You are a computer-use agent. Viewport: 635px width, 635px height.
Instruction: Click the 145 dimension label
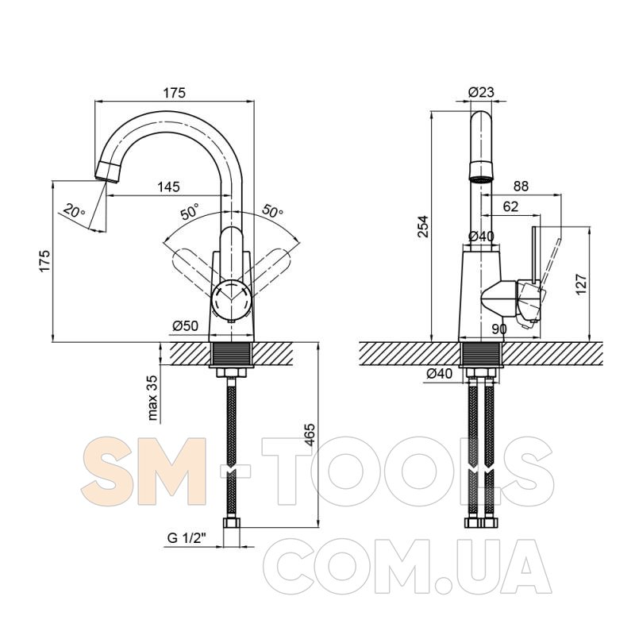point(168,187)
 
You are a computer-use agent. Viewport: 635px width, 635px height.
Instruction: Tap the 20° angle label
point(75,211)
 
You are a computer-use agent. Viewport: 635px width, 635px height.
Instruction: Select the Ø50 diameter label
point(186,325)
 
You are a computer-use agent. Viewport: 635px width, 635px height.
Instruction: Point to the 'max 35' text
point(152,398)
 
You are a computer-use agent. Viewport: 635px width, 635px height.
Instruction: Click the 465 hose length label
point(310,434)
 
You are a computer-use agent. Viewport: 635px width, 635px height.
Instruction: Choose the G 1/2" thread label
point(187,538)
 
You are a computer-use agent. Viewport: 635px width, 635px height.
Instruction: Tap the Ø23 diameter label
point(482,92)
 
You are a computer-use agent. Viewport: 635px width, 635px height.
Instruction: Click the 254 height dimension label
point(422,227)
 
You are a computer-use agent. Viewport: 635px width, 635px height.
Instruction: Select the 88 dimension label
point(521,186)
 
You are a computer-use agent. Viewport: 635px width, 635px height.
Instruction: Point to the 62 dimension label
point(510,206)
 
